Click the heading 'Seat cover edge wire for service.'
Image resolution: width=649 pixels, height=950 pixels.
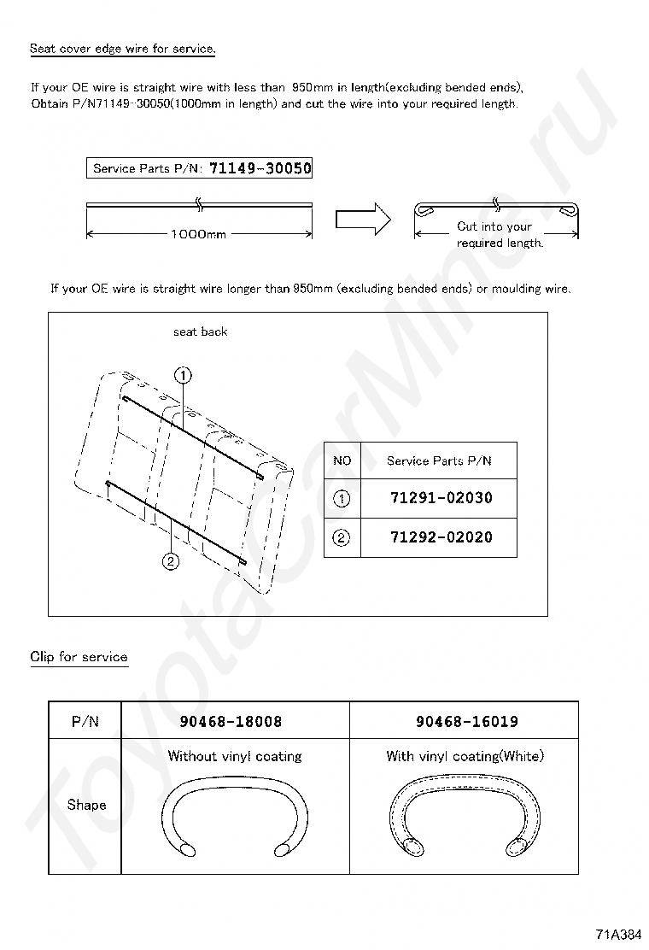click(122, 49)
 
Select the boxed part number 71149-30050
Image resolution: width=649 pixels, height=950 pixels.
click(260, 168)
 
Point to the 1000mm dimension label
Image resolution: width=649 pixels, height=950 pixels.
click(198, 234)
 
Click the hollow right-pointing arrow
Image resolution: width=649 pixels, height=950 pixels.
click(362, 220)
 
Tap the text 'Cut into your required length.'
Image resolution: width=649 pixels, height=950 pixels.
click(499, 235)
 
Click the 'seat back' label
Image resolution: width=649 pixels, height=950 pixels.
click(200, 331)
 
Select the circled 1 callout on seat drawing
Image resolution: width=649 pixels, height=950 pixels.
click(184, 374)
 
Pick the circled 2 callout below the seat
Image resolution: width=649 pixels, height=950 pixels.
click(171, 561)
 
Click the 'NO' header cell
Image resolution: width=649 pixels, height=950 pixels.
click(342, 461)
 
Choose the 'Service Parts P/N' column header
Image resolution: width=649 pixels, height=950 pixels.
click(439, 461)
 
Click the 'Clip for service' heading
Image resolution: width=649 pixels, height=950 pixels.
click(79, 657)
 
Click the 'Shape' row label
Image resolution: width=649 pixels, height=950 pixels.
click(86, 805)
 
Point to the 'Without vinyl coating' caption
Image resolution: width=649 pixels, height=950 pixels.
click(235, 756)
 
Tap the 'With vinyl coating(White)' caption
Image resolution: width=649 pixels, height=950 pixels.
click(465, 756)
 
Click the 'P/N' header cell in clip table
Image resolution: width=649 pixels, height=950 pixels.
click(85, 721)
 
